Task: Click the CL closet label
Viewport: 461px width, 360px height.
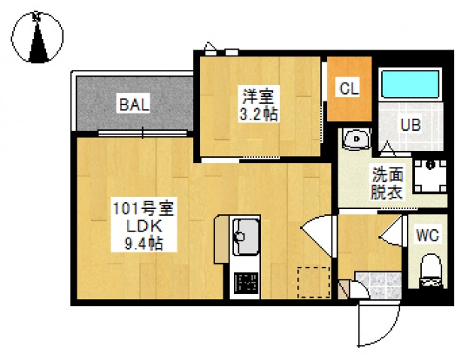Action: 349,88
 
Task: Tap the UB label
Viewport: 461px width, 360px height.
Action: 409,124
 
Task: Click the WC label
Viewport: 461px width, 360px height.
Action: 428,234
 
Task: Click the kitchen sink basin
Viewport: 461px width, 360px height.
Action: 245,234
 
